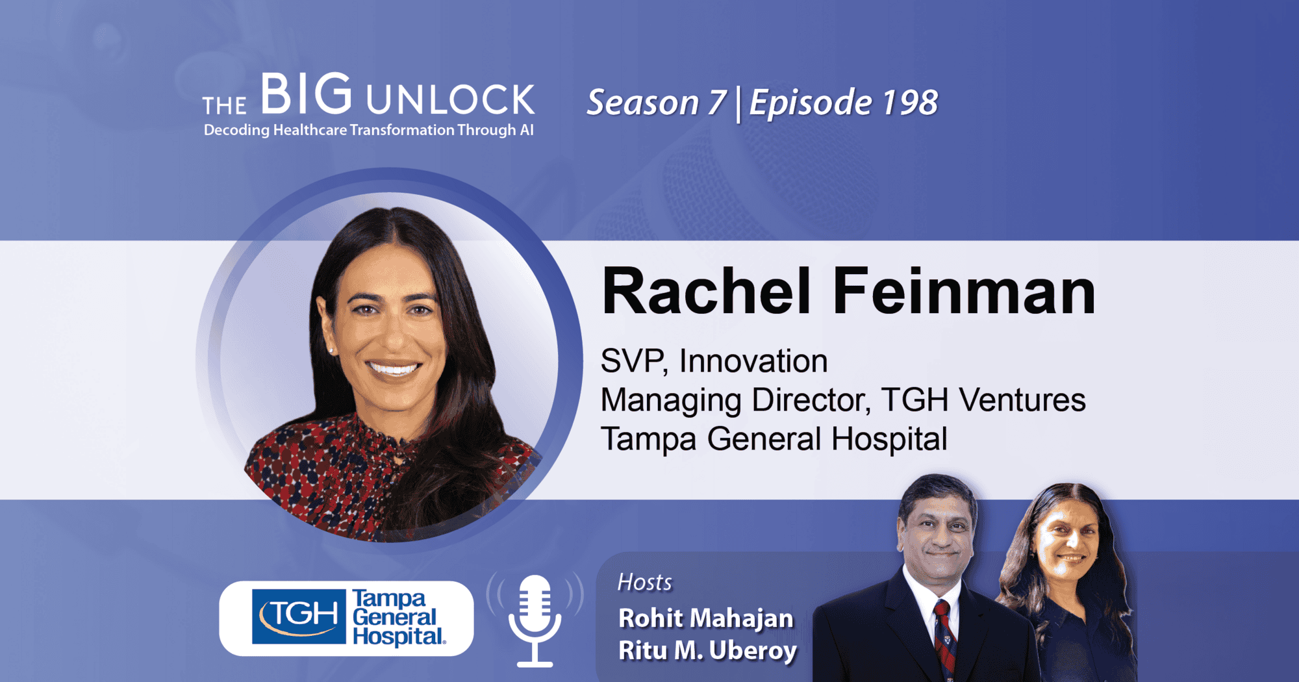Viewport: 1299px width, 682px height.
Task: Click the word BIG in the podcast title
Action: pos(307,94)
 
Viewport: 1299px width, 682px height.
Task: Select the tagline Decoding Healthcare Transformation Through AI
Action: pos(369,130)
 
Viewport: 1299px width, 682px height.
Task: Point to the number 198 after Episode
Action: pos(909,103)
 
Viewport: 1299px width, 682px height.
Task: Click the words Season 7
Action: pos(656,103)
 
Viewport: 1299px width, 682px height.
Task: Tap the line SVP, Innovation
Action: pos(714,361)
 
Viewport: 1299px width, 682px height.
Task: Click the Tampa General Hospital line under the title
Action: pos(774,439)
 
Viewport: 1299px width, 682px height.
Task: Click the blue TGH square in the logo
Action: pos(299,616)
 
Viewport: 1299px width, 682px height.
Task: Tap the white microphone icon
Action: pos(535,620)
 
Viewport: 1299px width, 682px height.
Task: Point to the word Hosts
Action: pos(644,583)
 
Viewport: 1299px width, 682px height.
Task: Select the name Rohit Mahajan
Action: pos(706,618)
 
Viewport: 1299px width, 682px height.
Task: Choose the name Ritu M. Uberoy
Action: pos(707,651)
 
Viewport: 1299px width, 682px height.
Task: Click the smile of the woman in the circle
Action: pos(394,369)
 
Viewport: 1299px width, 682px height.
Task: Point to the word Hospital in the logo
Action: pos(398,637)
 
